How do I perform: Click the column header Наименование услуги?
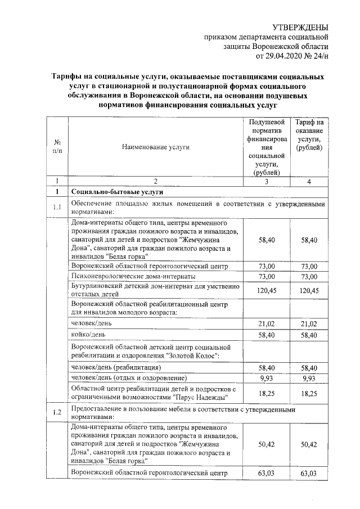156,147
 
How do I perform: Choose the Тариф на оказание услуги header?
310,135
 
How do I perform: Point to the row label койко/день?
90,335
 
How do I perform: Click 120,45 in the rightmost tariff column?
309,291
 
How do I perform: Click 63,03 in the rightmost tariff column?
309,474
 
